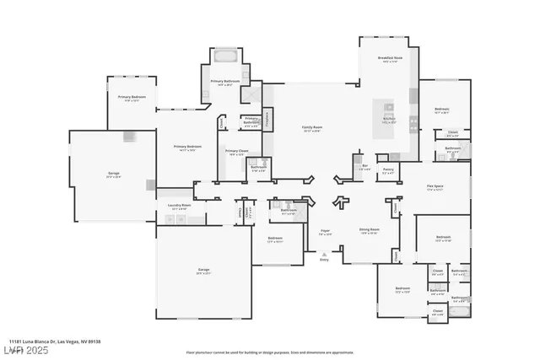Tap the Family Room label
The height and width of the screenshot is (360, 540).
tap(313, 128)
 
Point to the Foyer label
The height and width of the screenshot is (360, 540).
tap(325, 231)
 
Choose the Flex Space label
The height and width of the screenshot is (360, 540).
tap(435, 188)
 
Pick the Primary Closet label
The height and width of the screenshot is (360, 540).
tap(235, 153)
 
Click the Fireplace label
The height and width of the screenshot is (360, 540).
tap(268, 117)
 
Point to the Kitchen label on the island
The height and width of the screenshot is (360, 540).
tap(389, 120)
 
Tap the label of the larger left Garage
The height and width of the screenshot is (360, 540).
tap(113, 175)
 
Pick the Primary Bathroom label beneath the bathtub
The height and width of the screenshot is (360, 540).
tap(223, 83)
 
